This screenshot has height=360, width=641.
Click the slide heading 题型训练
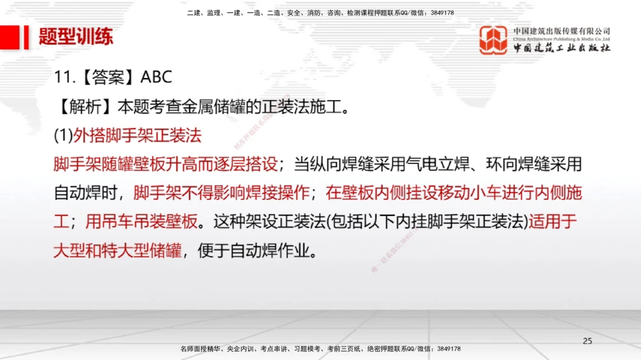(x=76, y=37)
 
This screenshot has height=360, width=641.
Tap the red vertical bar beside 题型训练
(x=26, y=37)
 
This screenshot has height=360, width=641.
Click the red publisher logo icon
(x=494, y=40)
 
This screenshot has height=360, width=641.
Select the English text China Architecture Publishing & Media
(x=562, y=39)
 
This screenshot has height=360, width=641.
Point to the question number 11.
(x=62, y=77)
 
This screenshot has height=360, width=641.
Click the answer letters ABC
(x=156, y=77)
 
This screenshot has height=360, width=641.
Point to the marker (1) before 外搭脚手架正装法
(x=63, y=135)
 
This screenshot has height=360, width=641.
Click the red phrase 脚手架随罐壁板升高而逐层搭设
(x=165, y=164)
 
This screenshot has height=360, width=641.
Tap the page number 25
(x=587, y=341)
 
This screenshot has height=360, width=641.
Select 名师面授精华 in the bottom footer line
(x=200, y=348)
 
